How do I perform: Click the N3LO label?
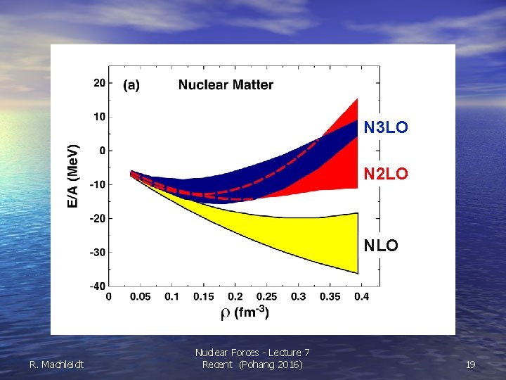click(x=385, y=128)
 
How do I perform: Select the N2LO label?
click(x=385, y=173)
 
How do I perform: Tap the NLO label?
click(x=380, y=246)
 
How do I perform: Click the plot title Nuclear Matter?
click(x=226, y=85)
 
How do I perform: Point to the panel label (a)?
click(x=131, y=85)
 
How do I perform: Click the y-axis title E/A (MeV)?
click(x=73, y=177)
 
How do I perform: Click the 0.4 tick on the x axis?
click(x=361, y=297)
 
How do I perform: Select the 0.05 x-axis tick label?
click(x=140, y=297)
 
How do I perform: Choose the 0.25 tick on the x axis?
click(x=266, y=297)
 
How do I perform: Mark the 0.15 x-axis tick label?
click(x=203, y=297)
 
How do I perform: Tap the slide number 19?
click(x=470, y=365)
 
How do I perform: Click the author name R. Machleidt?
click(x=56, y=365)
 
